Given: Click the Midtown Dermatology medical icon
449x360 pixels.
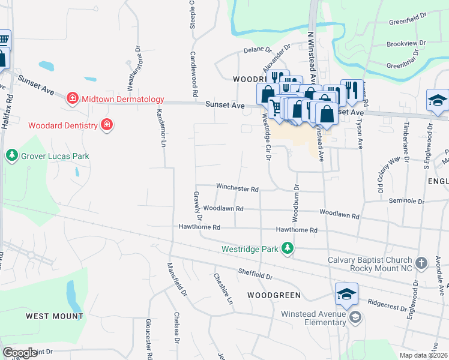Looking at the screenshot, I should pos(73,98).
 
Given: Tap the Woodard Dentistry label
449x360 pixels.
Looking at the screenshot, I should pos(62,125).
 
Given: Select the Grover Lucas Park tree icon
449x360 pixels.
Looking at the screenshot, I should pos(11,156).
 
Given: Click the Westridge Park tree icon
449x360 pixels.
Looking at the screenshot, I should pos(288,248).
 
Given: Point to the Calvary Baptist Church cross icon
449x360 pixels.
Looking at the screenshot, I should pos(422,263).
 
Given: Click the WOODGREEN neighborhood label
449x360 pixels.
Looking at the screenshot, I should pos(273,296).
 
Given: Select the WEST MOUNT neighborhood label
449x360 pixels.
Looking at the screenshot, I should pos(54,316).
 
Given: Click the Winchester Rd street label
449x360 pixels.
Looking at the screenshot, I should pos(237,188).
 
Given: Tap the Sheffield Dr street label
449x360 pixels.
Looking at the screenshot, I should pos(255,274).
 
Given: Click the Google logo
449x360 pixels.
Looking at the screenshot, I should pos(20,353).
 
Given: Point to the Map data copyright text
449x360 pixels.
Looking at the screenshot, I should pos(423,355).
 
